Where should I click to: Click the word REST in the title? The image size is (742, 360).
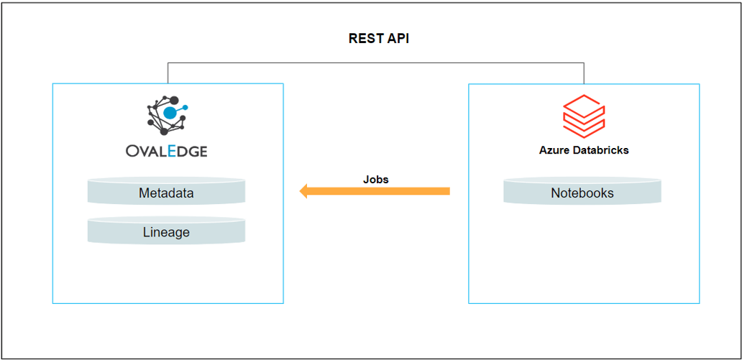pyautogui.click(x=365, y=39)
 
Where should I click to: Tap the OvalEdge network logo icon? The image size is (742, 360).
pyautogui.click(x=167, y=114)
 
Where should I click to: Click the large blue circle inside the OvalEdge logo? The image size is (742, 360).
pyautogui.click(x=170, y=113)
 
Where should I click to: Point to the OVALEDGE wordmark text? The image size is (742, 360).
pyautogui.click(x=167, y=151)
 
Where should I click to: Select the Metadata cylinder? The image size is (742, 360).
pyautogui.click(x=166, y=193)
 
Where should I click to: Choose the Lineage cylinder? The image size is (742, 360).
pyautogui.click(x=166, y=231)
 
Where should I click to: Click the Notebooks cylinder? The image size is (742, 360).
pyautogui.click(x=582, y=193)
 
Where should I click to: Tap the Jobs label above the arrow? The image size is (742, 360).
pyautogui.click(x=375, y=179)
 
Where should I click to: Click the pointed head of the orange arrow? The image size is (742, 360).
pyautogui.click(x=304, y=191)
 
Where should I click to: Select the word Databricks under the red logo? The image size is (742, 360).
pyautogui.click(x=600, y=150)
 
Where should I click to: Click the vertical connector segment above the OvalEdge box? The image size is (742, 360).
pyautogui.click(x=168, y=73)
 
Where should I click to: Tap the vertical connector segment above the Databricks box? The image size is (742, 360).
pyautogui.click(x=584, y=73)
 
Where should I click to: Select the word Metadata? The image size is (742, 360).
pyautogui.click(x=166, y=193)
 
